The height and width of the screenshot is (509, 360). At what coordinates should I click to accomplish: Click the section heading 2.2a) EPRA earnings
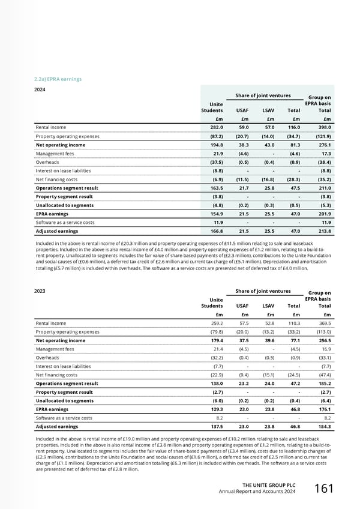[x=59, y=79]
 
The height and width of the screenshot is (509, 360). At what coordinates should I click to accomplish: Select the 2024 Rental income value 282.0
[x=215, y=127]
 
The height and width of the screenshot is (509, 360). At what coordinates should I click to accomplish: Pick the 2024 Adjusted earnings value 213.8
[x=323, y=230]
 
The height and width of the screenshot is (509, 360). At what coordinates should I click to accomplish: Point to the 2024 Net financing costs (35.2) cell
[x=323, y=179]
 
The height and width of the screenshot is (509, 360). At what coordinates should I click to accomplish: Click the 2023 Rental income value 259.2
[x=215, y=323]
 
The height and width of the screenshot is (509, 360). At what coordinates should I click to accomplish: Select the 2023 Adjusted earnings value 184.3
[x=323, y=426]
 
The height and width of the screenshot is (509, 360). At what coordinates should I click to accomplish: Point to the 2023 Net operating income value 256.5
[x=323, y=340]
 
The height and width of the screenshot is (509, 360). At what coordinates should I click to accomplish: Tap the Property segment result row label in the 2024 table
[x=64, y=196]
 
